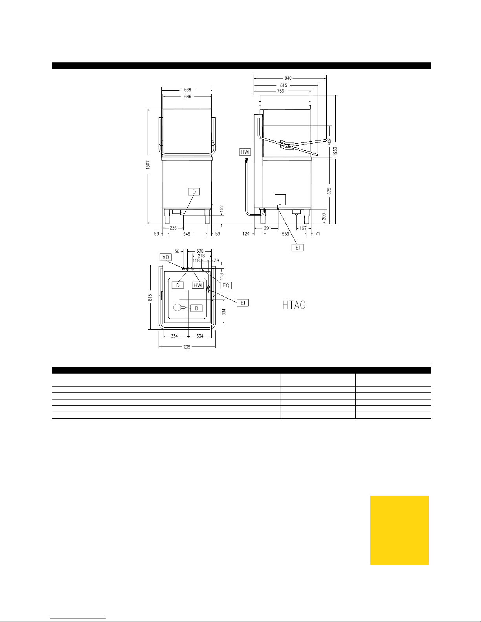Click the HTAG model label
(294, 305)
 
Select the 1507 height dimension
(148, 164)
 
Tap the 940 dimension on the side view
(288, 78)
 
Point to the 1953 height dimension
(335, 151)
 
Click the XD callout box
(166, 257)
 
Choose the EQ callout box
(226, 285)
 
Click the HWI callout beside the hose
(245, 152)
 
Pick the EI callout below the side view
(298, 248)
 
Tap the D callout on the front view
(194, 192)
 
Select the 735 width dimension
(187, 347)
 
